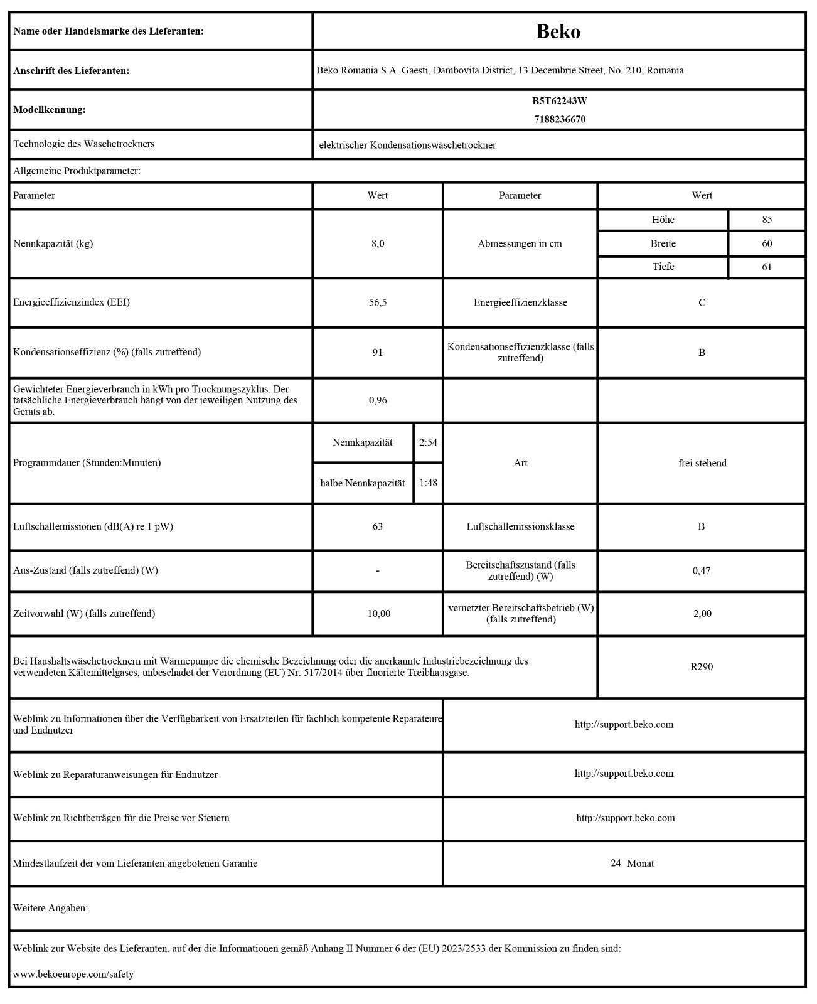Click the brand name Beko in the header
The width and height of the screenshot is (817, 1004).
558,31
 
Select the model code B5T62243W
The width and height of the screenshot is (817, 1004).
559,100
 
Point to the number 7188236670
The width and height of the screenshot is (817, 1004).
559,119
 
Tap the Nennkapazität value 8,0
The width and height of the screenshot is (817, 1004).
378,243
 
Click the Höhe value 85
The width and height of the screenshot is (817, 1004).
767,220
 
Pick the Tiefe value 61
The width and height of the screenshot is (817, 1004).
767,267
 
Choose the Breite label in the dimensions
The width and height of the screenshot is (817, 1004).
663,243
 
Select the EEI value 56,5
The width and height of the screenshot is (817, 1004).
378,302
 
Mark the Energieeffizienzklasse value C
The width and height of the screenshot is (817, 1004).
702,302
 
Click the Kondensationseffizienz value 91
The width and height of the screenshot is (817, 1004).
378,352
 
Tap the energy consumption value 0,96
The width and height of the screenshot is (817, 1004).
378,400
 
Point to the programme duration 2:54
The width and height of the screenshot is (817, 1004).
428,442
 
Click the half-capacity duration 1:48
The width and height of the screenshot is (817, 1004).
428,483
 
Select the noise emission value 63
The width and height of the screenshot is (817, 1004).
378,526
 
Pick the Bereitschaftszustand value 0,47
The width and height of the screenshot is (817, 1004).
702,570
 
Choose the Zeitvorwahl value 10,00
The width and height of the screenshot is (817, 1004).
379,614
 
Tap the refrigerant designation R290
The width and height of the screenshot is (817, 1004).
702,666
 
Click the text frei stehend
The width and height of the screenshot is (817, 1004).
702,463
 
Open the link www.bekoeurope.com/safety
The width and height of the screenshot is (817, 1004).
73,975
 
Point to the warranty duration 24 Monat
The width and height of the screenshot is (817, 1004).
632,863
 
